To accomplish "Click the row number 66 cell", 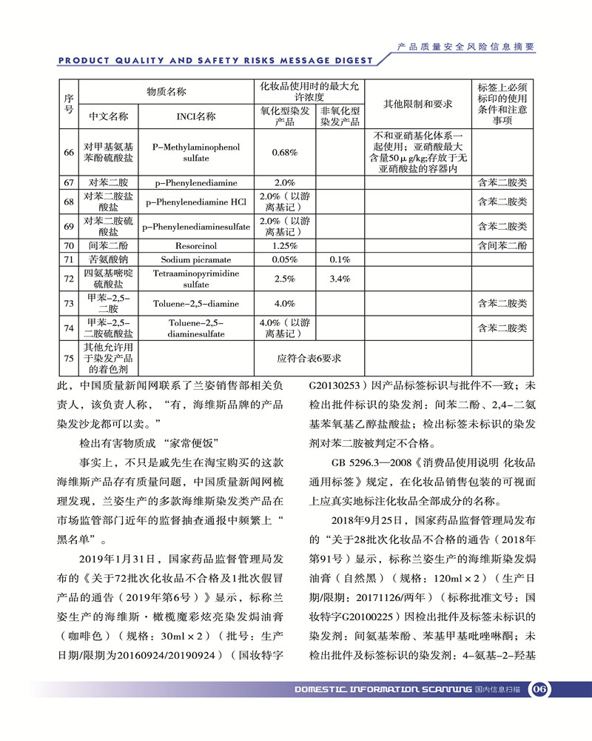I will coord(69,153).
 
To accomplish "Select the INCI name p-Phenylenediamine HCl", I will coord(195,202).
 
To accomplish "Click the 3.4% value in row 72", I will coord(339,279).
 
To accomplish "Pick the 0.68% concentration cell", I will coord(285,153).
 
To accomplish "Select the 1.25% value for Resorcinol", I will coord(285,245).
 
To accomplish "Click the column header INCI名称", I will coord(195,116).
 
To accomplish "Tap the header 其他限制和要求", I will coord(417,103).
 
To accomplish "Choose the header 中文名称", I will coord(108,116).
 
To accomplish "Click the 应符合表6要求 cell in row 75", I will coord(309,359).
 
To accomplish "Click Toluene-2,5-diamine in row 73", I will coord(195,303).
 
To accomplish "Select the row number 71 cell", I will coord(69,259).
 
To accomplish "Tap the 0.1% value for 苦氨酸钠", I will coord(339,259).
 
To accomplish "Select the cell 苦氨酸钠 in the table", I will coord(108,259).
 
